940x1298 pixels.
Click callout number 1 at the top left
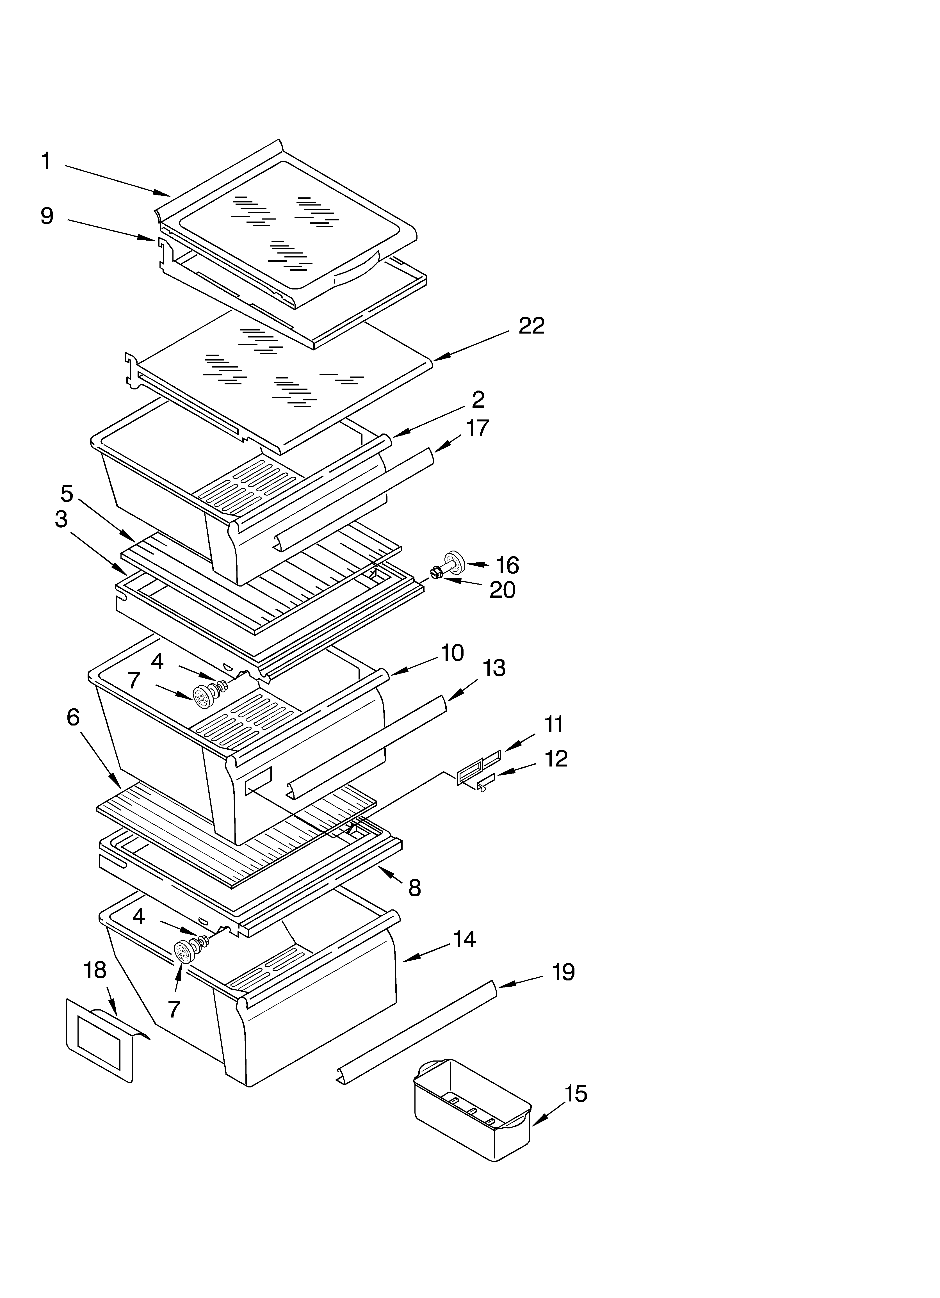click(x=46, y=161)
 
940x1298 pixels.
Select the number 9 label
click(x=47, y=216)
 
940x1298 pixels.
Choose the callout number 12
click(x=555, y=759)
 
